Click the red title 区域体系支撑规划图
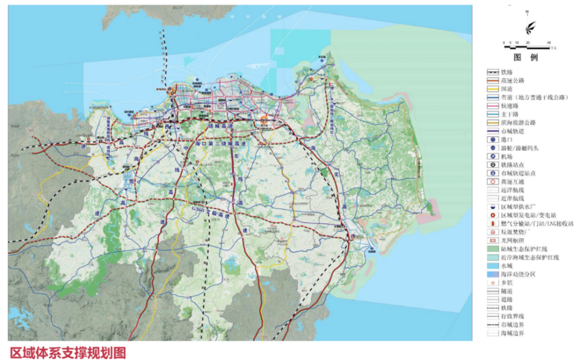tap(68, 352)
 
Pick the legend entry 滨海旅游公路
tap(516, 123)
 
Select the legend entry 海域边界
tap(512, 333)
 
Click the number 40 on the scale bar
tap(549, 44)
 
